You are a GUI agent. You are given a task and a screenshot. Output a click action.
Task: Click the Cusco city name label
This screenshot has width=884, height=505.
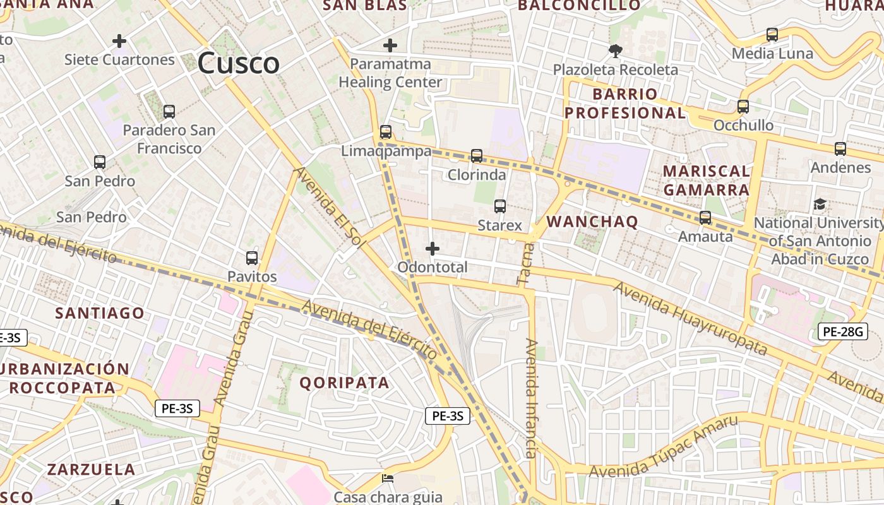[238, 63]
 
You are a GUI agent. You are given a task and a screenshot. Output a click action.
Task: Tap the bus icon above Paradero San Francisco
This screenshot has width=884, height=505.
[169, 112]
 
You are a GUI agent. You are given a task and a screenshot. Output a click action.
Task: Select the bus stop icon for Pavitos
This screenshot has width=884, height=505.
[252, 258]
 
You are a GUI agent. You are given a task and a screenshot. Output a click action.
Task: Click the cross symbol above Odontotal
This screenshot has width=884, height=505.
[433, 249]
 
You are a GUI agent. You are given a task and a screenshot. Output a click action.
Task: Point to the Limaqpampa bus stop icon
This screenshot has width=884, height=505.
[386, 133]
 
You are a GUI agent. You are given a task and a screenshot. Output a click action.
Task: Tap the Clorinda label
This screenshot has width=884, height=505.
[477, 175]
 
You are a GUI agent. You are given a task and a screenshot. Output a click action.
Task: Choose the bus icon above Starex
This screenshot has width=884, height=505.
[500, 206]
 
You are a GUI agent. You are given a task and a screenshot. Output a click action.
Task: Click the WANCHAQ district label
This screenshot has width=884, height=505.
[592, 222]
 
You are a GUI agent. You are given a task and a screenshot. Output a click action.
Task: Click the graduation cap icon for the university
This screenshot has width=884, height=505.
[820, 204]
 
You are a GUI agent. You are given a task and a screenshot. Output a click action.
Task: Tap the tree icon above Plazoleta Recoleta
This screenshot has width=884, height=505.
[616, 50]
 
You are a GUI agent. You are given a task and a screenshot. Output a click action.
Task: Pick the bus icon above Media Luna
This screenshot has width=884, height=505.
[772, 35]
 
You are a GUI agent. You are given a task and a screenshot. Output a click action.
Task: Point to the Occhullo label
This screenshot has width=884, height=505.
[743, 126]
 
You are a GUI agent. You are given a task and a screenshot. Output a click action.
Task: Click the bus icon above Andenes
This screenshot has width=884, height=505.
[840, 149]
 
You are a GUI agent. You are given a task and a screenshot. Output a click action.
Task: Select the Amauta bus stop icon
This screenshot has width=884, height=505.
[705, 218]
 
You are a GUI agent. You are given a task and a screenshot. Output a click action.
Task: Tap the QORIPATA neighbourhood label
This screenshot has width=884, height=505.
[344, 383]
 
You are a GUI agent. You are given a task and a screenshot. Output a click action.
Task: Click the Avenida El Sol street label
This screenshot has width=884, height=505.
[327, 208]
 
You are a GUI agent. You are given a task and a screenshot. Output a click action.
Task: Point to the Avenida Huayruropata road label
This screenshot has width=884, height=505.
[690, 318]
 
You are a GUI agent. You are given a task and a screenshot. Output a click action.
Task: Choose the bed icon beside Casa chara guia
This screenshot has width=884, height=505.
[388, 478]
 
